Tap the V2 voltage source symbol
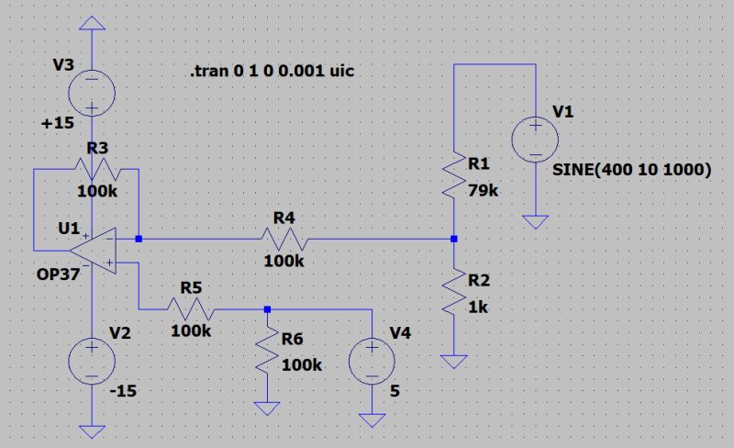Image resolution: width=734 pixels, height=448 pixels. (93, 359)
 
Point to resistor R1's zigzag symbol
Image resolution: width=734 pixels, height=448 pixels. (454, 176)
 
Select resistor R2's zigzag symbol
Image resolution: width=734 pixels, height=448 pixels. (454, 293)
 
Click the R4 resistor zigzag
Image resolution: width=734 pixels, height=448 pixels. (284, 240)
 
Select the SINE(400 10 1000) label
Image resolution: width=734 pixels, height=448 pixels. (632, 170)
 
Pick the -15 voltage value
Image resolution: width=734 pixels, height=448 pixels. (122, 391)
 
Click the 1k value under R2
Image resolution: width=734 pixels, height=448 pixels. (478, 308)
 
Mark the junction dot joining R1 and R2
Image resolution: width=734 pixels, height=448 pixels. (454, 240)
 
